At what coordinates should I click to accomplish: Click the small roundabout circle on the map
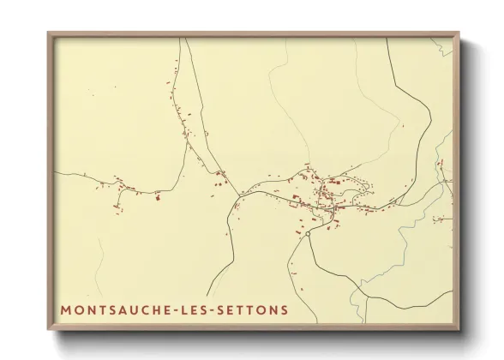coord(306,233)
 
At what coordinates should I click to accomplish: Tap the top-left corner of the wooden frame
coord(48,33)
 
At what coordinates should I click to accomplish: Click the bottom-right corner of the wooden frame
coord(459,331)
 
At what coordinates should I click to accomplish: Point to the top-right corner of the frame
coord(459,33)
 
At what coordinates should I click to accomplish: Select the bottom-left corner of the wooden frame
coord(48,331)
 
